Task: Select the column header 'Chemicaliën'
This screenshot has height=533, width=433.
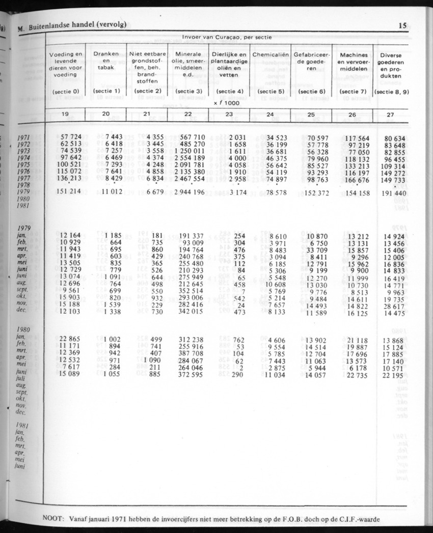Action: point(270,54)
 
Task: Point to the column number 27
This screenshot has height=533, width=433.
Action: point(390,115)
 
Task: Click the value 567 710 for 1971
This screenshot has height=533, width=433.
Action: point(188,138)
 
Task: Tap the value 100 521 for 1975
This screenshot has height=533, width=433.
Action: point(68,165)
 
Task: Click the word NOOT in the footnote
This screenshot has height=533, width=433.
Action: point(55,519)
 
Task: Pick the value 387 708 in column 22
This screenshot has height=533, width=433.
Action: point(188,354)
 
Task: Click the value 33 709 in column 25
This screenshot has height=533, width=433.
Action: point(314,250)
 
